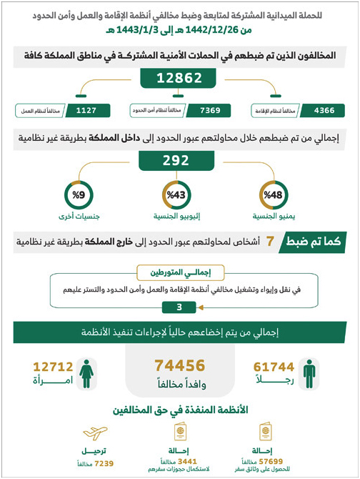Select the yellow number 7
click(x=270, y=243)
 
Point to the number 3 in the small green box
click(x=179, y=307)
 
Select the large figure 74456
click(x=180, y=365)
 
